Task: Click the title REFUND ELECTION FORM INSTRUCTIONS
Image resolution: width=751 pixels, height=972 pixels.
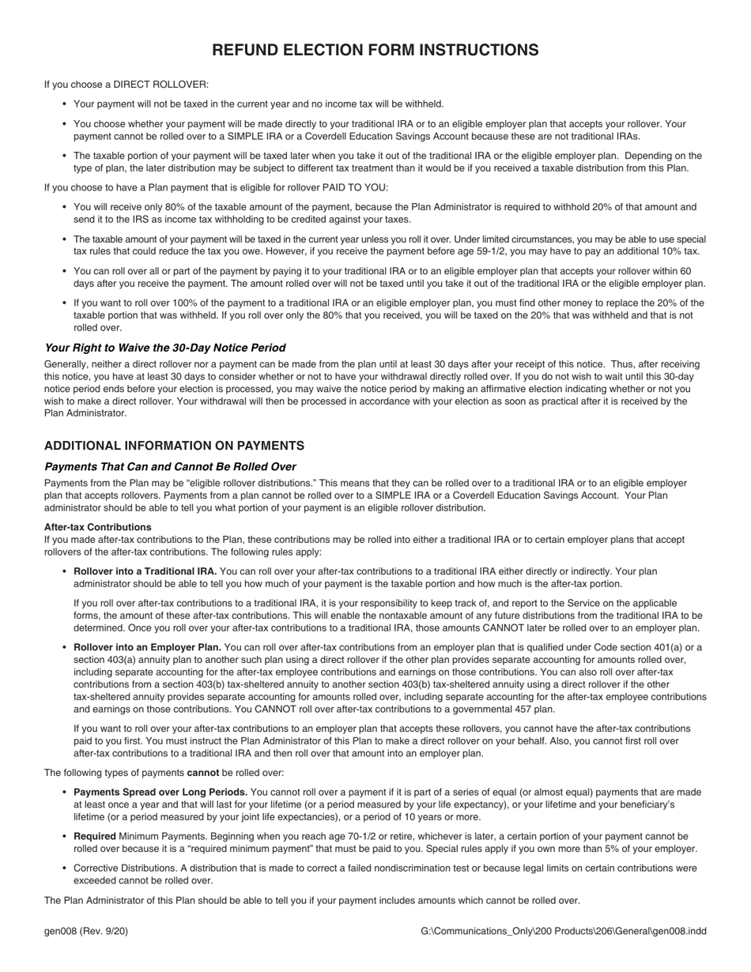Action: pyautogui.click(x=375, y=51)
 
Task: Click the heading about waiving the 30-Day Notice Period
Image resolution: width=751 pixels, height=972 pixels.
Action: pyautogui.click(x=164, y=348)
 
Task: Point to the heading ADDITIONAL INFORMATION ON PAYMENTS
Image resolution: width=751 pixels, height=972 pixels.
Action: pyautogui.click(x=174, y=446)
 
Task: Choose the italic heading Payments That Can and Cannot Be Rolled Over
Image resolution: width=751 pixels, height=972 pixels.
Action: pyautogui.click(x=170, y=466)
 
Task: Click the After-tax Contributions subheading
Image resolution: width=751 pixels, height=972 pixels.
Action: pyautogui.click(x=97, y=527)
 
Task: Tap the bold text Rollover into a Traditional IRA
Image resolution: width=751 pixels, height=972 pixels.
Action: pyautogui.click(x=145, y=571)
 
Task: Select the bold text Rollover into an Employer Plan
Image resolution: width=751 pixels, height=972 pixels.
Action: pyautogui.click(x=147, y=647)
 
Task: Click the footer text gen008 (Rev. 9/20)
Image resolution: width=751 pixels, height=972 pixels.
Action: pyautogui.click(x=86, y=931)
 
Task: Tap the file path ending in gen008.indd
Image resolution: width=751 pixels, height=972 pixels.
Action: pyautogui.click(x=564, y=931)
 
